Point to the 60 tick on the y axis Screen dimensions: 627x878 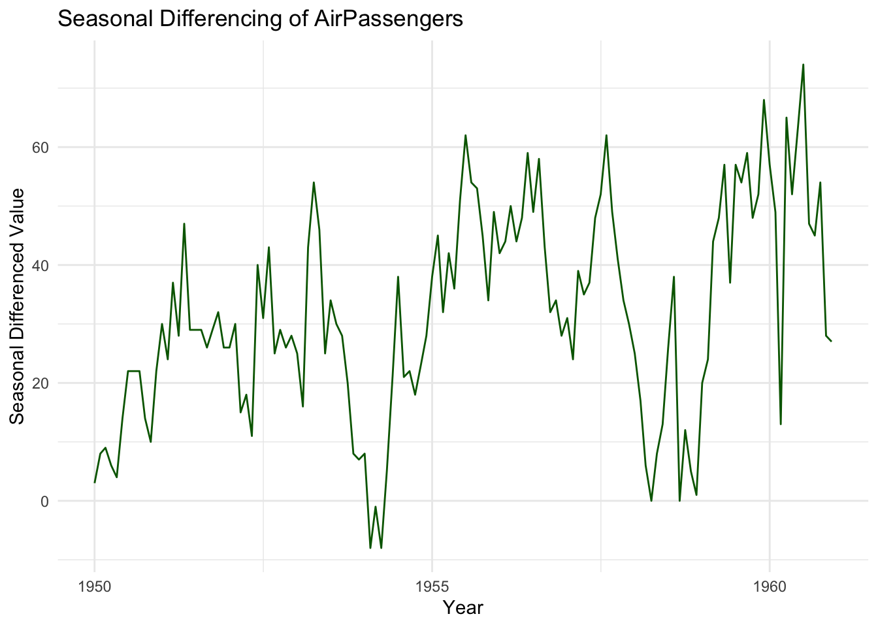(x=41, y=147)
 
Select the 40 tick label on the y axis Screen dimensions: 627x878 (x=41, y=265)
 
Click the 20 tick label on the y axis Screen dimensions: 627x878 (x=41, y=383)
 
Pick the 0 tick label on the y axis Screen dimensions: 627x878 (x=45, y=501)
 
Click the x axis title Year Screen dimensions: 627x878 (x=463, y=608)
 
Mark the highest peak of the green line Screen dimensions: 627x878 (x=803, y=64)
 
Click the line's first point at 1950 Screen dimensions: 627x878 (x=95, y=483)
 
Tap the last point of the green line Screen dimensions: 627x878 (x=831, y=342)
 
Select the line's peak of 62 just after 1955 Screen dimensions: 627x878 (x=466, y=135)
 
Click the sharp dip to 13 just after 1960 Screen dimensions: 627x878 (x=781, y=424)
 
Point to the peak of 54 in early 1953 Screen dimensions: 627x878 (x=314, y=182)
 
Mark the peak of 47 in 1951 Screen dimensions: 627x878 (x=184, y=223)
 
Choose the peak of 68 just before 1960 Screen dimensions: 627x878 (x=764, y=100)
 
